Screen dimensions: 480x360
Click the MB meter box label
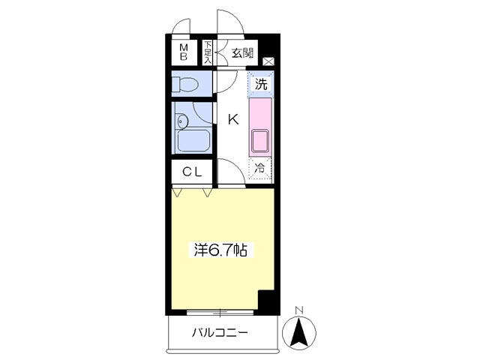click(184, 52)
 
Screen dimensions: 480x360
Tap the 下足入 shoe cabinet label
click(208, 52)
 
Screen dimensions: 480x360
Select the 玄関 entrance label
click(242, 53)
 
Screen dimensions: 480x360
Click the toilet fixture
click(184, 84)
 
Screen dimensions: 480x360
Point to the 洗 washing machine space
click(261, 84)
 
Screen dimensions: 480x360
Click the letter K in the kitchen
click(233, 119)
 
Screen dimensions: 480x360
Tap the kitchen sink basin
click(260, 141)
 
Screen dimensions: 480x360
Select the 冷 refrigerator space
click(260, 168)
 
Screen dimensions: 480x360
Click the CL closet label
click(192, 172)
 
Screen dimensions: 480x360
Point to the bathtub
click(193, 140)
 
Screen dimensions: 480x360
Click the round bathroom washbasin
click(182, 121)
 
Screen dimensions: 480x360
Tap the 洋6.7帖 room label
click(220, 250)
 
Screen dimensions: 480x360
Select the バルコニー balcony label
click(220, 332)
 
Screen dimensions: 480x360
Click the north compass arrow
click(299, 332)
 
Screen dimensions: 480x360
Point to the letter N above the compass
click(299, 310)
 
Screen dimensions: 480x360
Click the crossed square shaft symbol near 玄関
click(268, 61)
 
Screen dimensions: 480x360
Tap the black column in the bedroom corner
click(266, 301)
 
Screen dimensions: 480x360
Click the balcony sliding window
click(220, 312)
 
